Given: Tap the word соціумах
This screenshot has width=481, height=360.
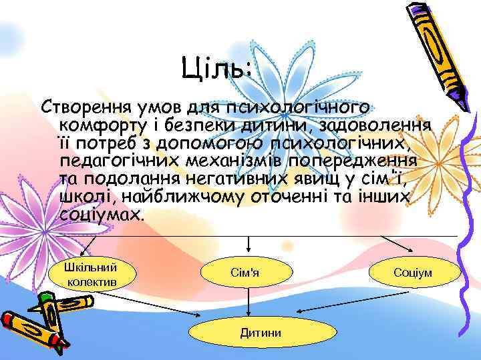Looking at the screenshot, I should pos(100,215).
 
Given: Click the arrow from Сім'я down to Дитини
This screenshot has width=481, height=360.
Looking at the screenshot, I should pos(249,303).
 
